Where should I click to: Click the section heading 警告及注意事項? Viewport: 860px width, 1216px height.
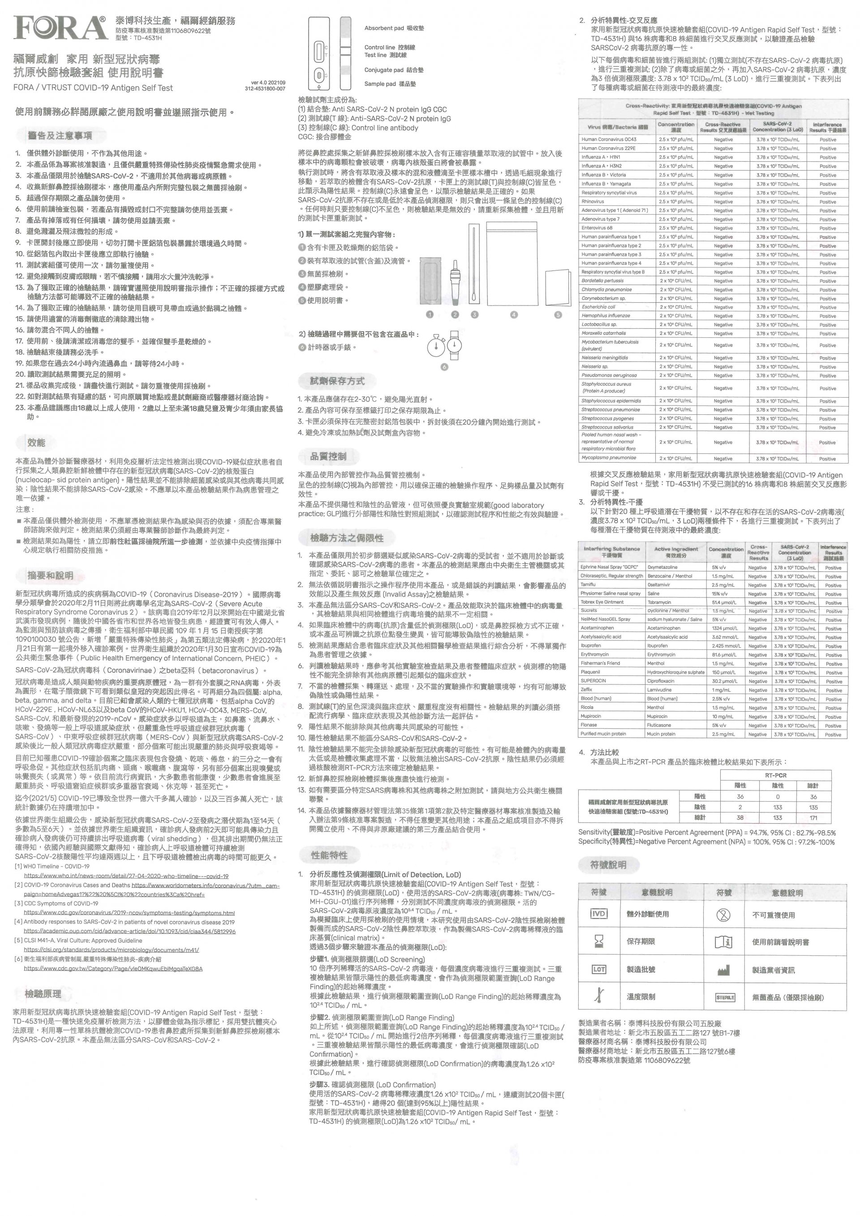pos(60,136)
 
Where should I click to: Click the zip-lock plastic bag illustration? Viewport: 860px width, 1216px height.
pos(513,263)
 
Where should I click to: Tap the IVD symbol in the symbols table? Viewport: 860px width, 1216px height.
pos(598,914)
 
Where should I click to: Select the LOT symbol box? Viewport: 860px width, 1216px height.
pos(598,969)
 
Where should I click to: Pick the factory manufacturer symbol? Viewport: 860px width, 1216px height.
pos(723,970)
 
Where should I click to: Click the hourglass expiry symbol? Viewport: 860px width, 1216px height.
pos(598,941)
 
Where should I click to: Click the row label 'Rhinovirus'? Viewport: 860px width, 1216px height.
pos(593,201)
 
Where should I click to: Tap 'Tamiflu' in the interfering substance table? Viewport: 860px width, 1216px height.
pos(588,584)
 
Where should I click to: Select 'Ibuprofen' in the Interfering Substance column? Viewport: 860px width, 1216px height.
pos(590,645)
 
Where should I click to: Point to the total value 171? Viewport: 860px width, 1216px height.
pos(813,818)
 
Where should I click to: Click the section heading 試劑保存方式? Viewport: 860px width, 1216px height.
pos(337,381)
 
